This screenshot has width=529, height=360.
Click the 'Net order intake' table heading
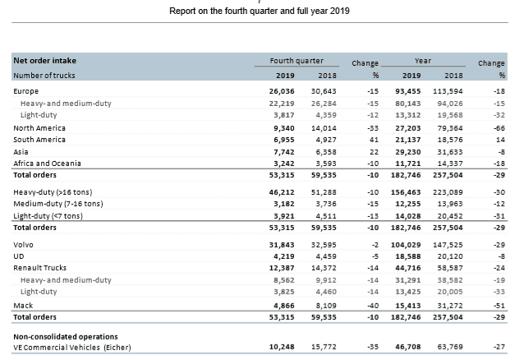[x=45, y=61]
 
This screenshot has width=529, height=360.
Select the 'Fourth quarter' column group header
[x=297, y=61]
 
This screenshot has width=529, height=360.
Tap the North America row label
[x=39, y=128]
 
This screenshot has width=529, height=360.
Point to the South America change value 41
[x=374, y=140]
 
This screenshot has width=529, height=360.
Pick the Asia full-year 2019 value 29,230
[x=408, y=152]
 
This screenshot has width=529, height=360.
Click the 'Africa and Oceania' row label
[x=48, y=164]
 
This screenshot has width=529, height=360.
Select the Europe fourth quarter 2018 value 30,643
[x=324, y=91]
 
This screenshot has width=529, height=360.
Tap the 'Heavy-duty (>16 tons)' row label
[x=53, y=192]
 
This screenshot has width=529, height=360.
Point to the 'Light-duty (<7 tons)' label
[x=48, y=216]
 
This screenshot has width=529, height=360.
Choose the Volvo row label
[x=23, y=244]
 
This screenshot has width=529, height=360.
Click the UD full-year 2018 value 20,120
[x=450, y=256]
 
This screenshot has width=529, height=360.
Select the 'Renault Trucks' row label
[x=39, y=268]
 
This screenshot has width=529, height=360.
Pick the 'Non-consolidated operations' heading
[x=66, y=337]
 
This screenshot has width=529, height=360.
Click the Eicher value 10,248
[x=282, y=347]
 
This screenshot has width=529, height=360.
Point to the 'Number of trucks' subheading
[x=44, y=76]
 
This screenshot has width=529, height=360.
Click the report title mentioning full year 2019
[x=260, y=12]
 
